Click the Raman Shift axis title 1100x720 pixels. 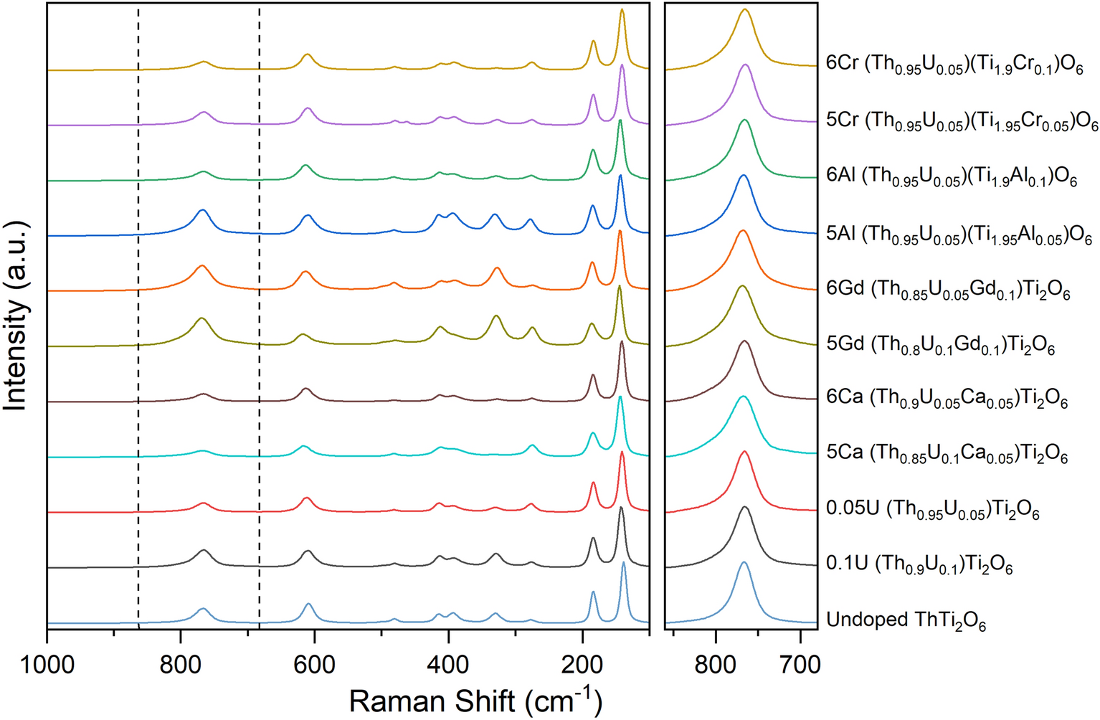[475, 700]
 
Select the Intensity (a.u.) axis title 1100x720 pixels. [16, 316]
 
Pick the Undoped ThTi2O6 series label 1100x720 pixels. [906, 620]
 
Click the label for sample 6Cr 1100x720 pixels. [954, 65]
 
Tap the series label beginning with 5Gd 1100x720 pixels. [940, 345]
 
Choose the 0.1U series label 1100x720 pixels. [919, 565]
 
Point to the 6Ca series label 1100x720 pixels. [947, 398]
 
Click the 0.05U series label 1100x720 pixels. [932, 510]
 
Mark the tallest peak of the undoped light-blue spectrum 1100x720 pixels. [623, 563]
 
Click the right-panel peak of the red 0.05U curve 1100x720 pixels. [744, 452]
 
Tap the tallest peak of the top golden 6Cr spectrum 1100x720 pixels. [622, 9]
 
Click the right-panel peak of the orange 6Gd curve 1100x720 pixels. [743, 231]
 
